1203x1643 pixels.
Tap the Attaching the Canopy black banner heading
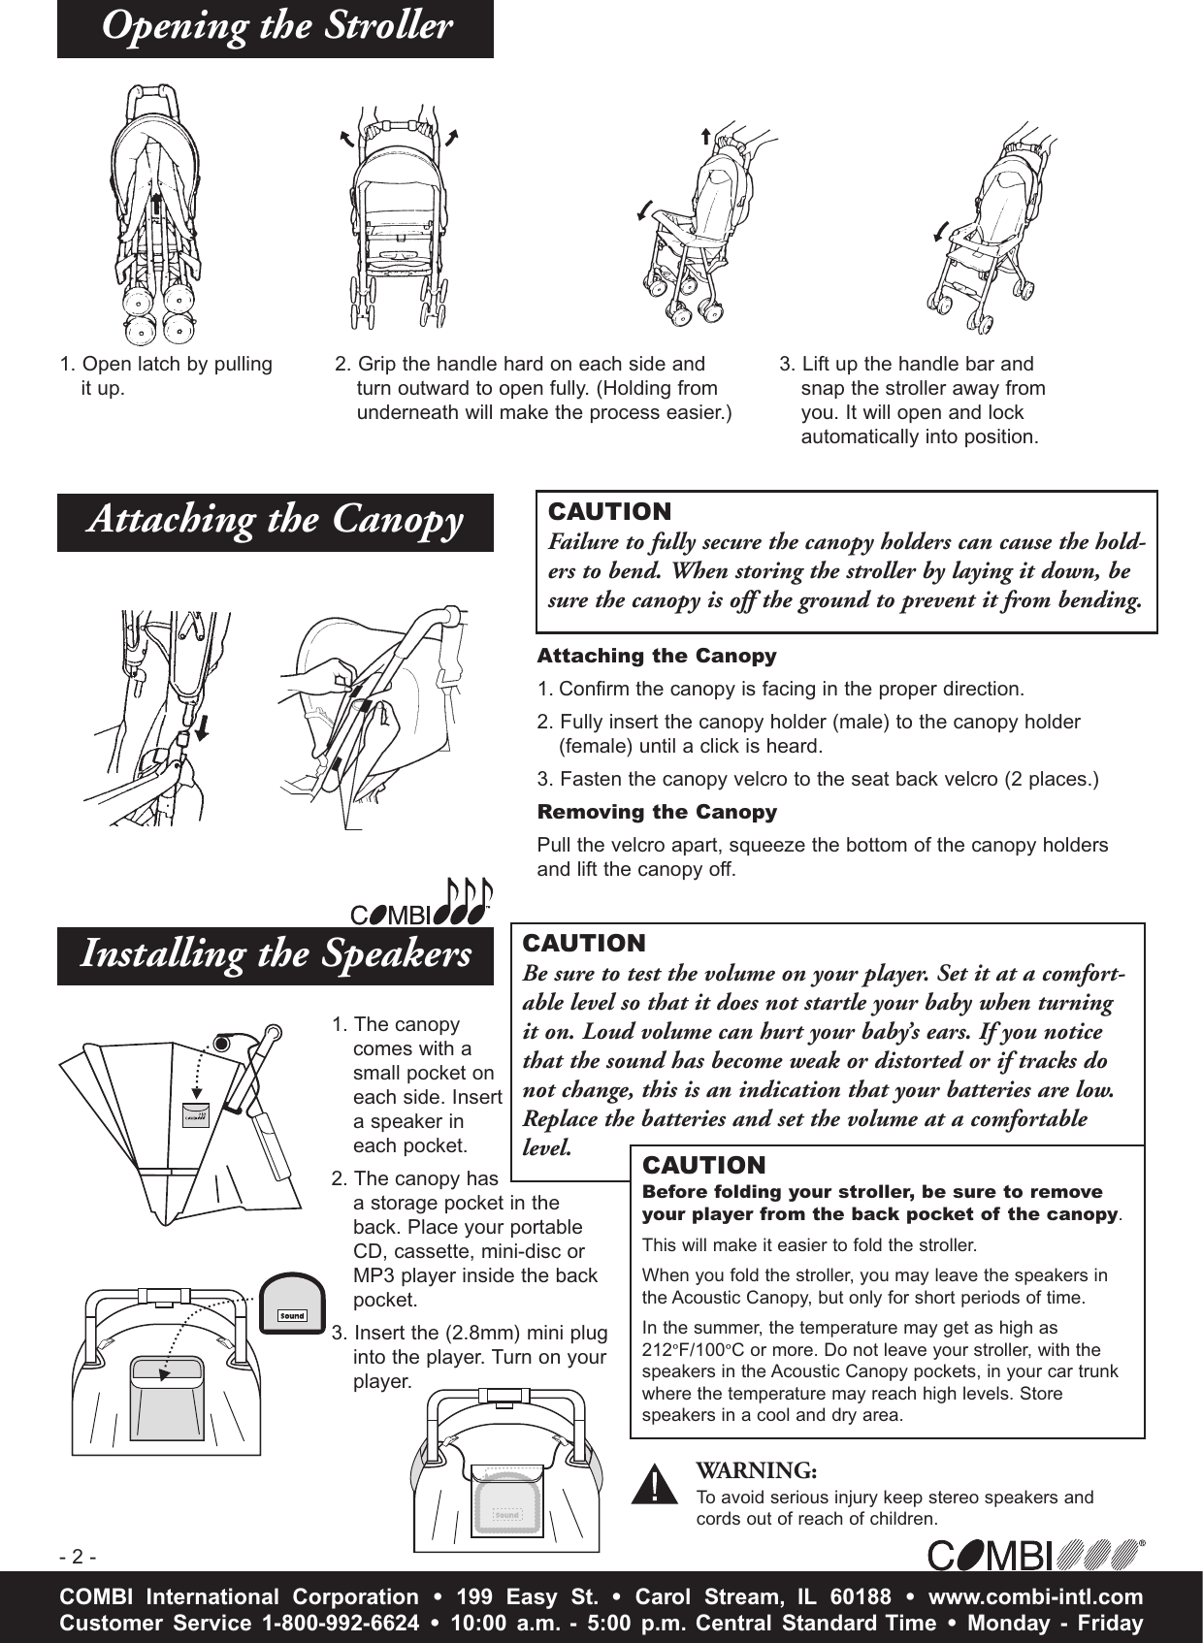(276, 521)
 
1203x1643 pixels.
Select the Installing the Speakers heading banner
(276, 955)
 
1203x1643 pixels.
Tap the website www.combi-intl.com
(1035, 1597)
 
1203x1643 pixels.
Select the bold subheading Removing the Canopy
(657, 812)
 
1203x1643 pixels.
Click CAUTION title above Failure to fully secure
(609, 511)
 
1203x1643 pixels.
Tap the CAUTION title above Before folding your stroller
(703, 1165)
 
